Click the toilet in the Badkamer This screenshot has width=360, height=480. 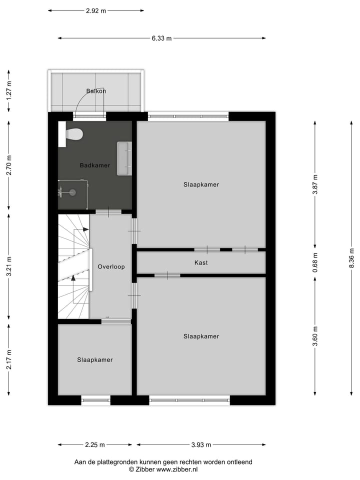[74, 134]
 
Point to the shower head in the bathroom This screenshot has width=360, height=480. [71, 191]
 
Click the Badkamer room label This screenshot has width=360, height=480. [95, 165]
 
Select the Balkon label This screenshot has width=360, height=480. [96, 91]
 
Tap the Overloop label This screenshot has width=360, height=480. [111, 266]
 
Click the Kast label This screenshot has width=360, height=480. [201, 262]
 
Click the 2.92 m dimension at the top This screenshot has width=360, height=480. [96, 10]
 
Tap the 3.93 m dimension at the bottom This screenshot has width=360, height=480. [200, 444]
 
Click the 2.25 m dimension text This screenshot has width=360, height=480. [94, 444]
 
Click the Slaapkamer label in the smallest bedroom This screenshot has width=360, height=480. [95, 360]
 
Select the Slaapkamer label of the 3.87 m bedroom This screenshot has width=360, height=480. [201, 184]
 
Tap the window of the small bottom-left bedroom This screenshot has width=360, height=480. [95, 399]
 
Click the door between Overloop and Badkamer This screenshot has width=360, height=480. [108, 212]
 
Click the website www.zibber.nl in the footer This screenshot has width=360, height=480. [177, 469]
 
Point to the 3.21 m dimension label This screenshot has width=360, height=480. [8, 266]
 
